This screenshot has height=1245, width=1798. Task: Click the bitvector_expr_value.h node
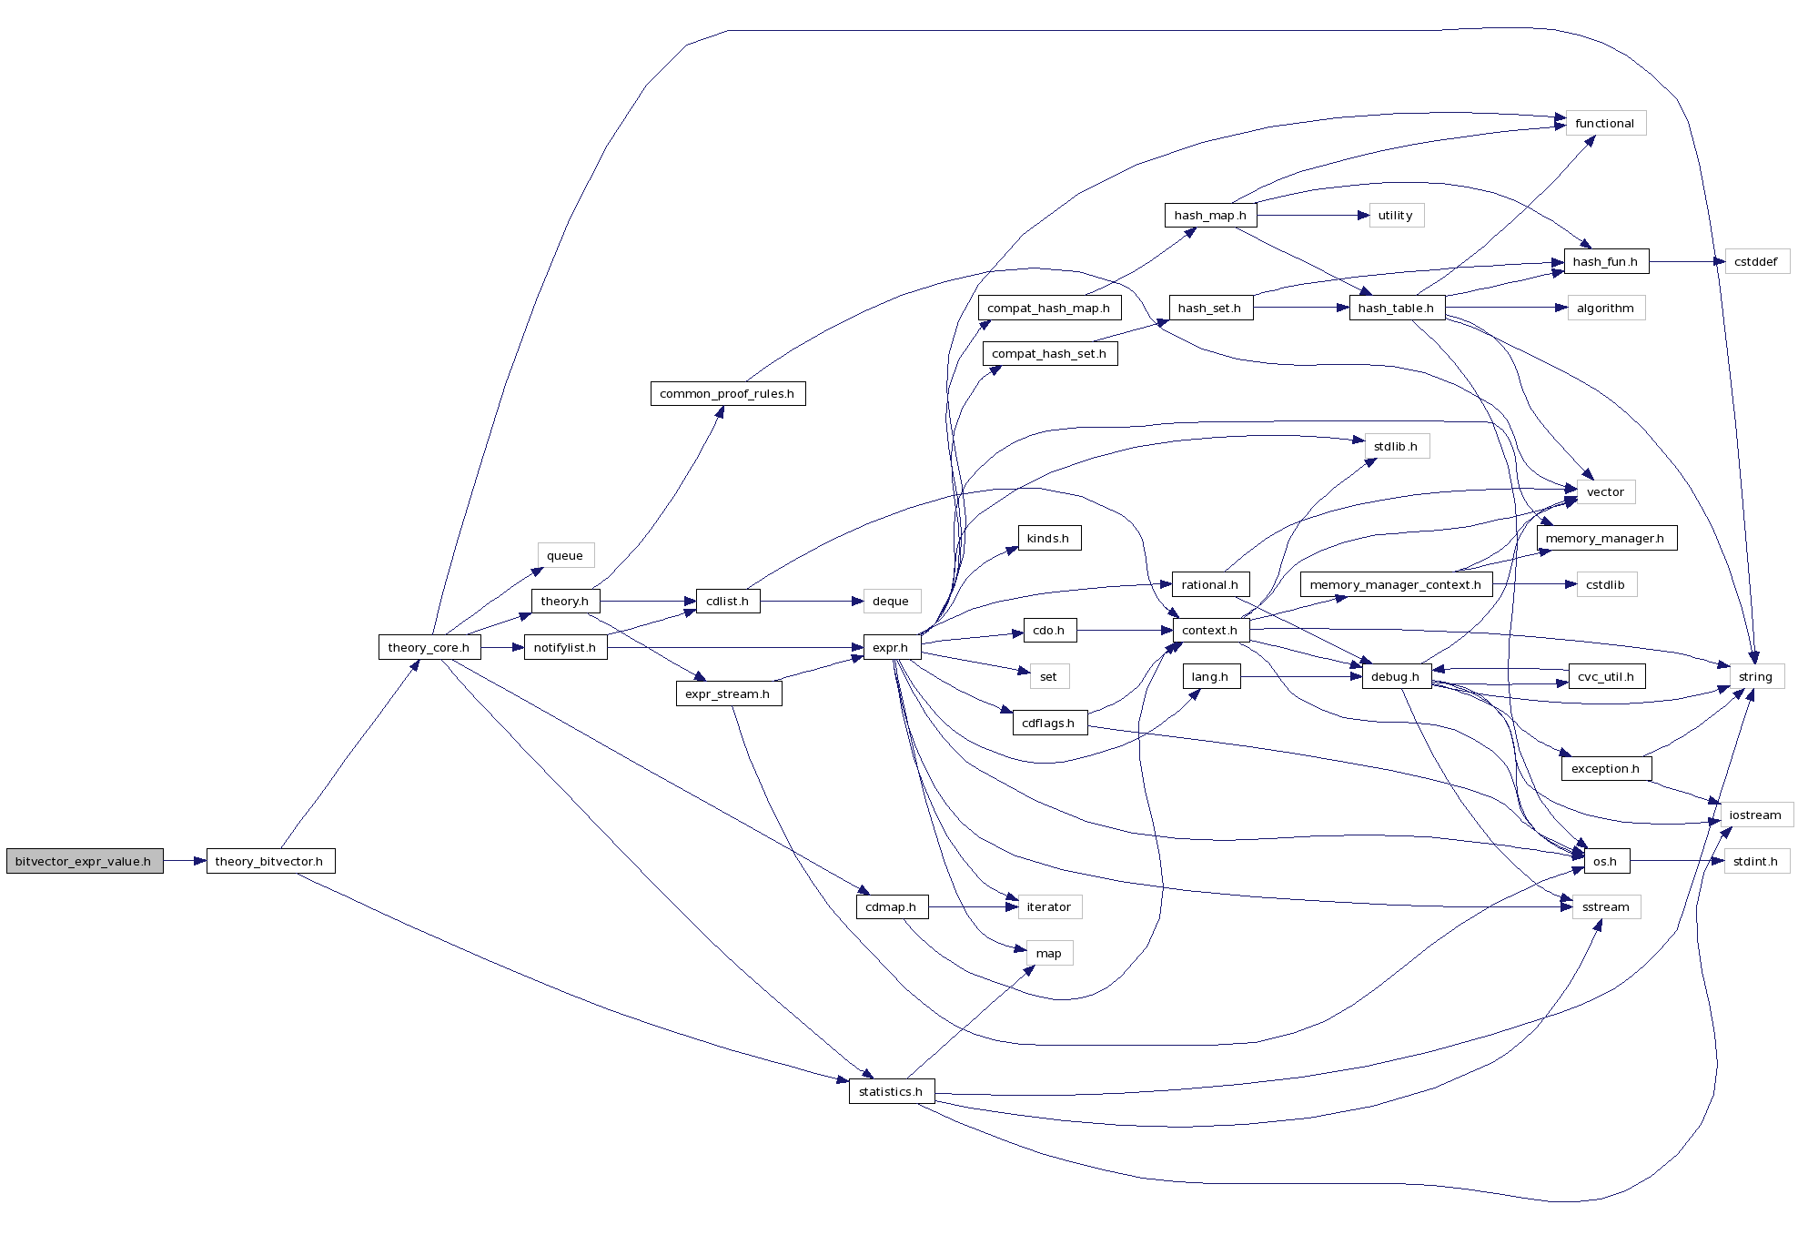click(84, 861)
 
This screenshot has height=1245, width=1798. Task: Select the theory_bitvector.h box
click(270, 861)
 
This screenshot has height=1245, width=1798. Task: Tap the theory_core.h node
click(429, 647)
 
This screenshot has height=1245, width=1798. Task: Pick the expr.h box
click(891, 647)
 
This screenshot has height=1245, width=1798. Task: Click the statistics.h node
click(891, 1091)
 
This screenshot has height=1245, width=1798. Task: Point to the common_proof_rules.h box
click(727, 393)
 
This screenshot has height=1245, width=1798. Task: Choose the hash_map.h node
click(1210, 215)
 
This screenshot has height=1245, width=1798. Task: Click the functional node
click(1605, 123)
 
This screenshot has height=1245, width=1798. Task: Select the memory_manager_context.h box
click(1396, 584)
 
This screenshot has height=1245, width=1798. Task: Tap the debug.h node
click(1396, 676)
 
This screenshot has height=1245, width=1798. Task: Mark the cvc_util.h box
click(1606, 676)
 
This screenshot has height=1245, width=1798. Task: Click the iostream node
click(1755, 815)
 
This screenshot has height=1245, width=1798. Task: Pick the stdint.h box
click(1755, 861)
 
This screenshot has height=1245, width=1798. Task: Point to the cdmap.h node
click(891, 906)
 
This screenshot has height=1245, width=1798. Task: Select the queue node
click(565, 555)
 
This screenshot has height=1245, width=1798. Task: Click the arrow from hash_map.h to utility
click(1310, 215)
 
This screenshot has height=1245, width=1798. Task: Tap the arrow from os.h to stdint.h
click(1674, 861)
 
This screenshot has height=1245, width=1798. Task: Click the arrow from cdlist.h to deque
click(810, 601)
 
